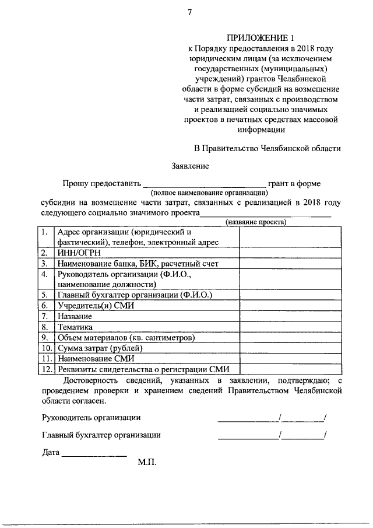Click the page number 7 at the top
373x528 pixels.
(x=190, y=13)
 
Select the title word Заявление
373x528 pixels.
(x=190, y=166)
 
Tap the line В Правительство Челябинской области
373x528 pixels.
(x=267, y=148)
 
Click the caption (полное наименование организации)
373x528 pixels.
(x=209, y=192)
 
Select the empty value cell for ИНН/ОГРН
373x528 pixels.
(x=289, y=253)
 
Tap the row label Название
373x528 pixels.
(x=75, y=316)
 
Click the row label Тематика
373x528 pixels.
(x=75, y=327)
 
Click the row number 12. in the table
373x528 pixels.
(x=46, y=369)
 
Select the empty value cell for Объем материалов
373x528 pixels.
(x=289, y=337)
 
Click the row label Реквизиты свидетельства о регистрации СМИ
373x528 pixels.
(x=143, y=369)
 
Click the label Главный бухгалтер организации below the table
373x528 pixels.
(x=101, y=435)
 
